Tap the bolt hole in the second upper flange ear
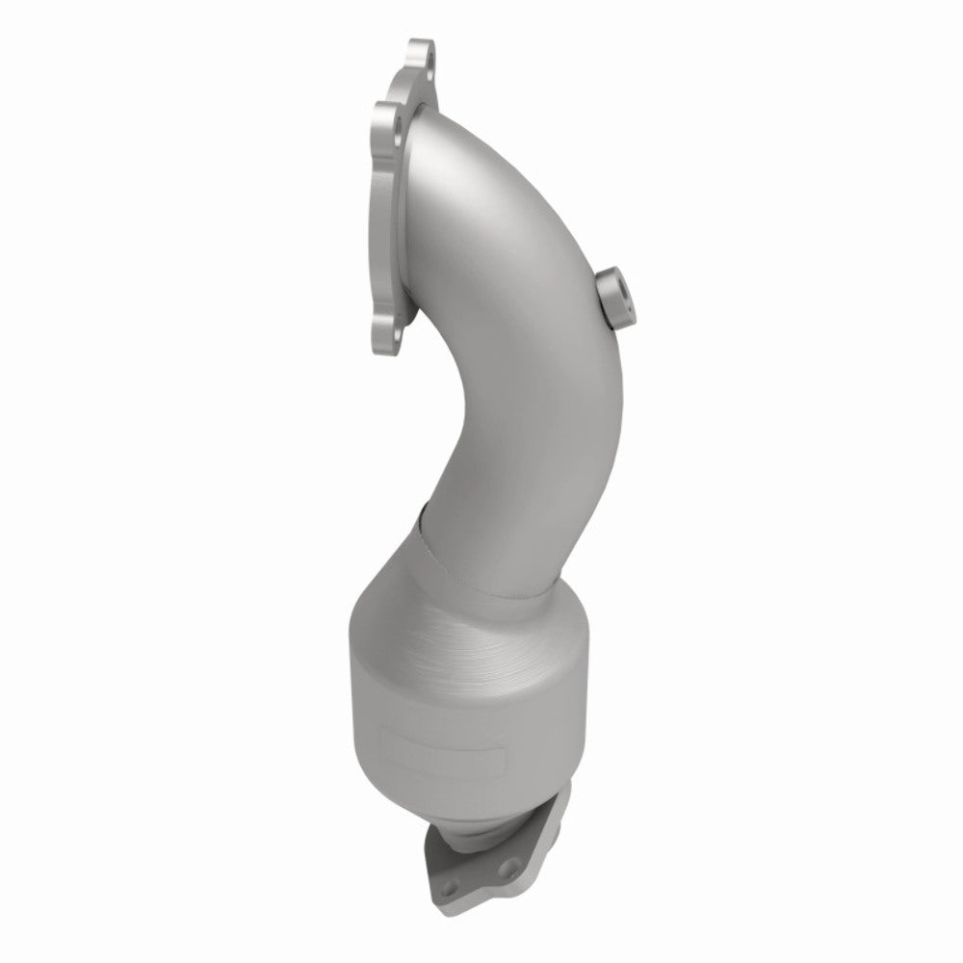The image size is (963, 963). (x=389, y=121)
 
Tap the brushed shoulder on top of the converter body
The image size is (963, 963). (x=453, y=636)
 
